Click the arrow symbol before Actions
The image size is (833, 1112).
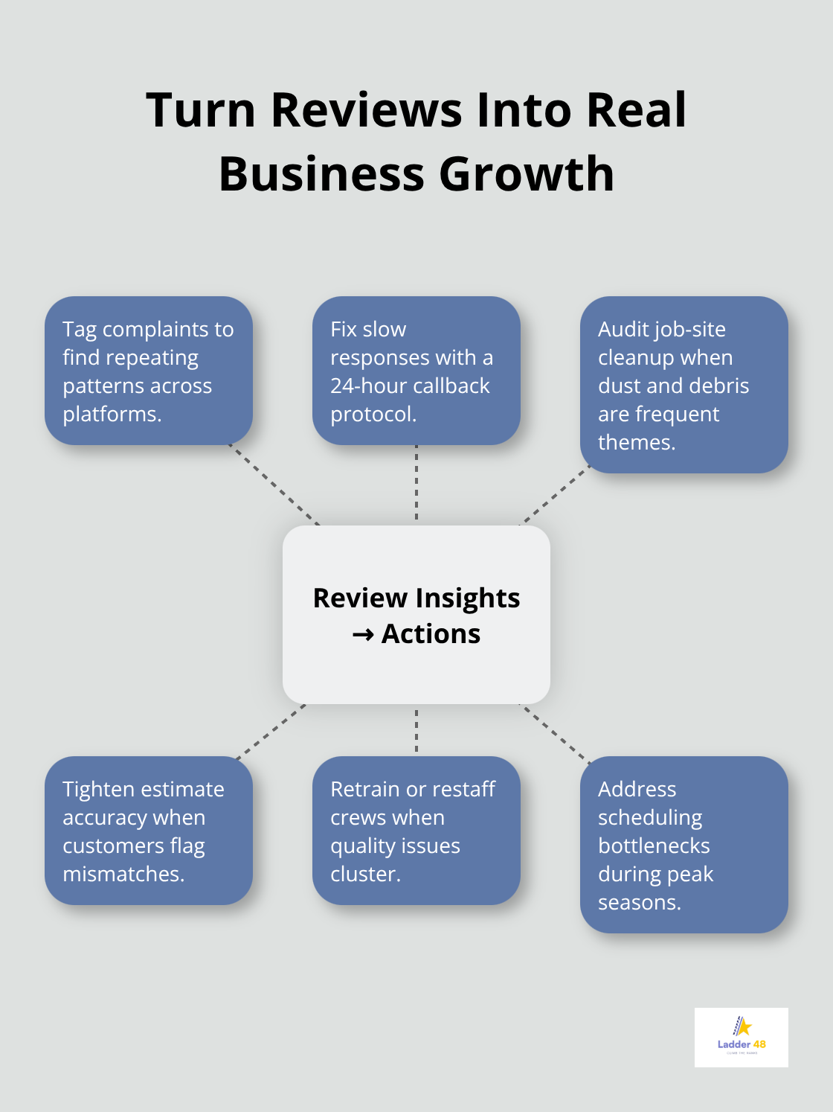pos(363,635)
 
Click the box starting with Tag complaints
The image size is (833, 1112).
pos(148,371)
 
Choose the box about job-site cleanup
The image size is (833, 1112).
pos(684,384)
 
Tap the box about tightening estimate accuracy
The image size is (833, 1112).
pos(148,831)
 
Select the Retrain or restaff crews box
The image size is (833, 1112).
pos(416,831)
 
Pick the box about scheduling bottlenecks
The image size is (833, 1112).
pos(684,844)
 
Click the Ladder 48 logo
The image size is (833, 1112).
pos(741,1037)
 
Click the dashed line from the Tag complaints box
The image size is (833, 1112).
pos(274,485)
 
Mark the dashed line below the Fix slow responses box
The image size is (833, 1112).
pos(416,484)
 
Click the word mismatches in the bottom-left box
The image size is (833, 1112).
pos(123,874)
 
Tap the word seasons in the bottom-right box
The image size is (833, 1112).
pos(639,902)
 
